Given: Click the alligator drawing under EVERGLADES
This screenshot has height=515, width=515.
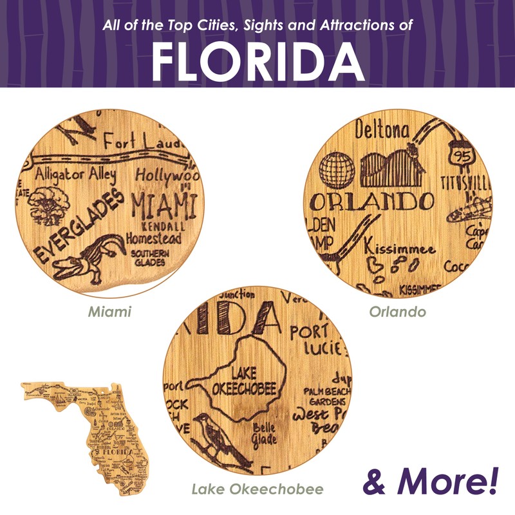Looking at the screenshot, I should coord(83,258).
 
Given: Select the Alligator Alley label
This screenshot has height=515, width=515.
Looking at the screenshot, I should coord(76,174).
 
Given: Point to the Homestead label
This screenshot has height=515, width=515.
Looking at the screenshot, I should coord(154,238).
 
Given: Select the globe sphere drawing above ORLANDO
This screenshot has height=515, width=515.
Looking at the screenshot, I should coord(337,170).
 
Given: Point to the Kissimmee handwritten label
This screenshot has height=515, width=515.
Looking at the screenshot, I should coord(399,247).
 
